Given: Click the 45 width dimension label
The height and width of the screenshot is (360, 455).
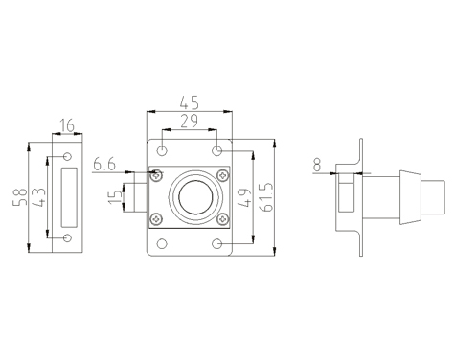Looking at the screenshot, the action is (x=190, y=102).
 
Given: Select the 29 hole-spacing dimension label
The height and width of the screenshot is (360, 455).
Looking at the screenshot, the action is (x=190, y=121).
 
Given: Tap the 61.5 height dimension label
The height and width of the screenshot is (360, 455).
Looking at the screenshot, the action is (x=266, y=197).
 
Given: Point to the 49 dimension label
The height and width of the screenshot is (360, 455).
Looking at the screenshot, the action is (x=245, y=198).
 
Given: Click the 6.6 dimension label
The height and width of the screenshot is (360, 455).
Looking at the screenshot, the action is (x=104, y=165).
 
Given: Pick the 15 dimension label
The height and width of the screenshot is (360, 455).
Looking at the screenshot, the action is (x=115, y=197).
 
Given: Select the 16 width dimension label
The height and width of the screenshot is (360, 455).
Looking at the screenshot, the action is (x=67, y=125).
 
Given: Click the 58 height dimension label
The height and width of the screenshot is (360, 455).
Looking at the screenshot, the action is (x=19, y=197).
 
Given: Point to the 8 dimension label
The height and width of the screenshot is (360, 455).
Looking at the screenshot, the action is (x=317, y=166).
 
